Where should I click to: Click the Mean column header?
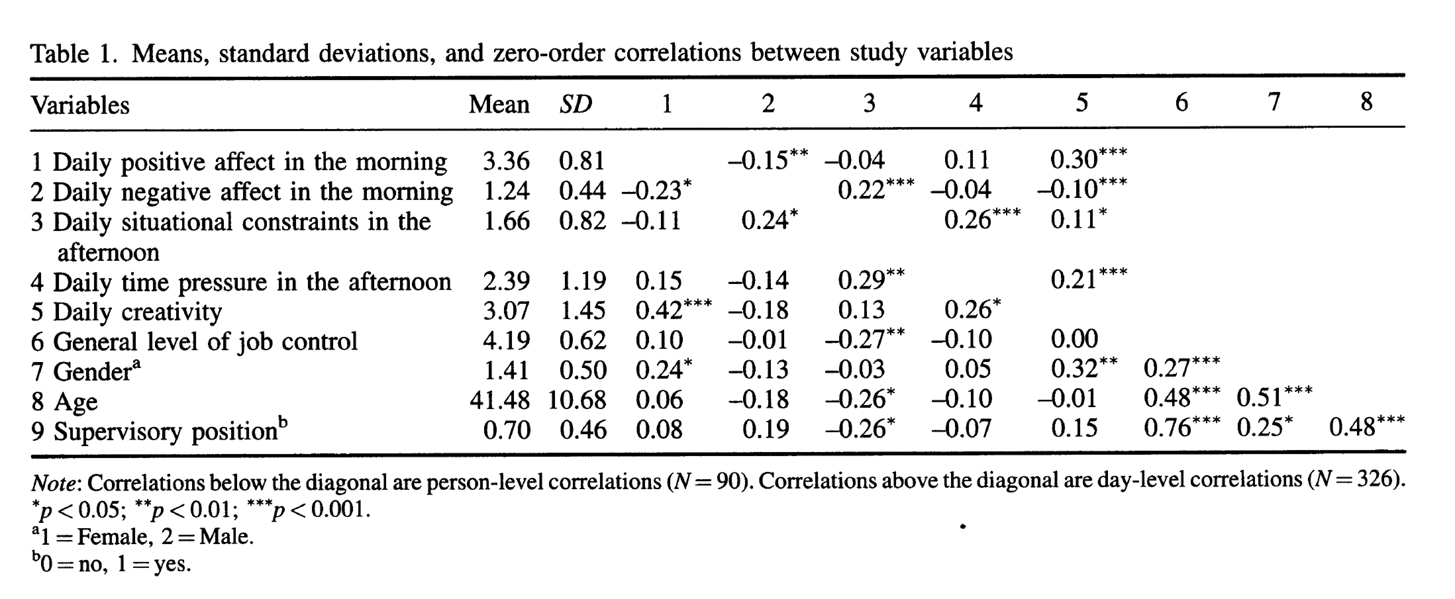499,105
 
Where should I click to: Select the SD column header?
575,105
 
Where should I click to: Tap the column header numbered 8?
1366,103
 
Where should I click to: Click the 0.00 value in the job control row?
1074,340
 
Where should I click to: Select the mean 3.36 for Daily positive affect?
506,161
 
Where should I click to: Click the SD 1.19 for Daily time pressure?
583,281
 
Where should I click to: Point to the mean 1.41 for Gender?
506,371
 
